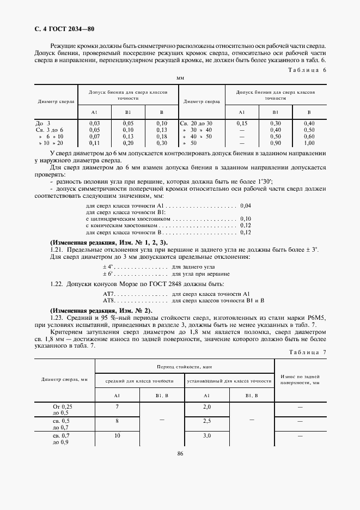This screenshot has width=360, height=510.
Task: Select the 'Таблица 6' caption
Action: [308, 70]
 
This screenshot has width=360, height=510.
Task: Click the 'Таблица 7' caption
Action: [308, 352]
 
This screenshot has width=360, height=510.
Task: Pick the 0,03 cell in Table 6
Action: [94, 124]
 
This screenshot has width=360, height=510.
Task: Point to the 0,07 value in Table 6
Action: [94, 136]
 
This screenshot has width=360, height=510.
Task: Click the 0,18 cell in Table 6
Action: [161, 136]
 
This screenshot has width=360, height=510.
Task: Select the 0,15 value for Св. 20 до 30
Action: [242, 124]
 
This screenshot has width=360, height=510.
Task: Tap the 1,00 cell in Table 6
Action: [309, 143]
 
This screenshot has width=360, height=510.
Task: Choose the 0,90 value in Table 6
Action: [276, 143]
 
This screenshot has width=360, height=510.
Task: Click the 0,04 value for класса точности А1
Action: [245, 207]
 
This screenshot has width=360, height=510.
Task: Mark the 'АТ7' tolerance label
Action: [108, 294]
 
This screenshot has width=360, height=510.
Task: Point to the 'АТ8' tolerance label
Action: [108, 300]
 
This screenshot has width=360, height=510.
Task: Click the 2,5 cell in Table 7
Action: [207, 421]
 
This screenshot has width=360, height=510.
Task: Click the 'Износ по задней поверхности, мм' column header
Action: [300, 380]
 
